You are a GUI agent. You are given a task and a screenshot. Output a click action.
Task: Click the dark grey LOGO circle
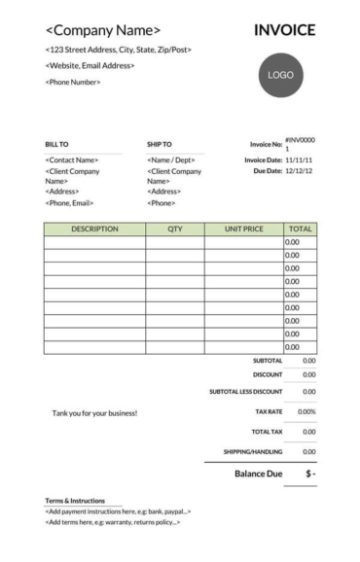pyautogui.click(x=280, y=75)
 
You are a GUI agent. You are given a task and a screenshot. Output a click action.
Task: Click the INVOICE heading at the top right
pyautogui.click(x=284, y=30)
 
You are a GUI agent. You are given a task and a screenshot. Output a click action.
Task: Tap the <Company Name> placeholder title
pyautogui.click(x=103, y=31)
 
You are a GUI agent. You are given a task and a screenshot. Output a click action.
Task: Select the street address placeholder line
pyautogui.click(x=118, y=50)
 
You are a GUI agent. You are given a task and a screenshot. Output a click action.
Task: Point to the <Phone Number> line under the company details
pyautogui.click(x=73, y=82)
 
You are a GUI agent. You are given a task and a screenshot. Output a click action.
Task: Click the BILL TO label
pyautogui.click(x=57, y=145)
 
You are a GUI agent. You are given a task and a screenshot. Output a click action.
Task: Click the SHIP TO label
pyautogui.click(x=160, y=145)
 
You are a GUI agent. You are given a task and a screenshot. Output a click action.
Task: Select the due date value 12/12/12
pyautogui.click(x=299, y=170)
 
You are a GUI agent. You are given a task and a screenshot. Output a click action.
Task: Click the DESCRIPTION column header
pyautogui.click(x=94, y=229)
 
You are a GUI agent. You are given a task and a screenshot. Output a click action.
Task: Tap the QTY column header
pyautogui.click(x=175, y=229)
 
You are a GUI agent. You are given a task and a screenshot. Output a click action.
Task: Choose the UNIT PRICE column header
pyautogui.click(x=243, y=229)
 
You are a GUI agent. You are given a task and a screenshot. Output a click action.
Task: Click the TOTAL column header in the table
pyautogui.click(x=300, y=229)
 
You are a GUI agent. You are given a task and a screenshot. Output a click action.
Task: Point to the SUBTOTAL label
pyautogui.click(x=268, y=361)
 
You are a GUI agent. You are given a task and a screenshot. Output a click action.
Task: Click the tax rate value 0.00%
pyautogui.click(x=306, y=412)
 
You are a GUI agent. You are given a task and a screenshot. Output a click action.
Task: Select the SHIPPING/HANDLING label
pyautogui.click(x=253, y=452)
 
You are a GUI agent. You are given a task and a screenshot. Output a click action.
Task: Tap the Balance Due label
pyautogui.click(x=258, y=474)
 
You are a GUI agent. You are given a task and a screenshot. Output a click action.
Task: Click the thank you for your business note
pyautogui.click(x=94, y=413)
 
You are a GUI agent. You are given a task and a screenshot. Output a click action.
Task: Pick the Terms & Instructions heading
pyautogui.click(x=75, y=501)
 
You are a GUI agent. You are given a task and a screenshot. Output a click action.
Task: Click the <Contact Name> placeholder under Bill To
pyautogui.click(x=72, y=159)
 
